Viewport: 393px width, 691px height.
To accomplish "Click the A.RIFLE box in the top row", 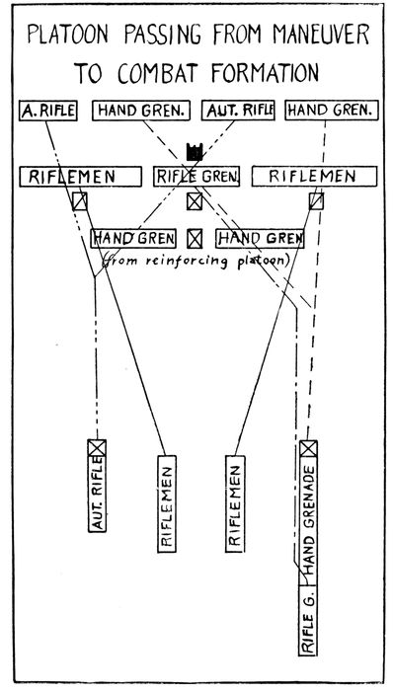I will [48, 111].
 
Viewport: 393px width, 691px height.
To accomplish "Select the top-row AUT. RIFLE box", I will [236, 111].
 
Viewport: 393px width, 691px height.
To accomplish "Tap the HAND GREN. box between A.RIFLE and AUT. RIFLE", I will [140, 111].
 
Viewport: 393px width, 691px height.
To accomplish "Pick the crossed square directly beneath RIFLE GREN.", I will [195, 201].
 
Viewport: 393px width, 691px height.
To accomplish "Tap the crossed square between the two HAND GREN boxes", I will [195, 238].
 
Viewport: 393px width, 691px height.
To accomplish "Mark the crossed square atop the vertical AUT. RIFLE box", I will [97, 448].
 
